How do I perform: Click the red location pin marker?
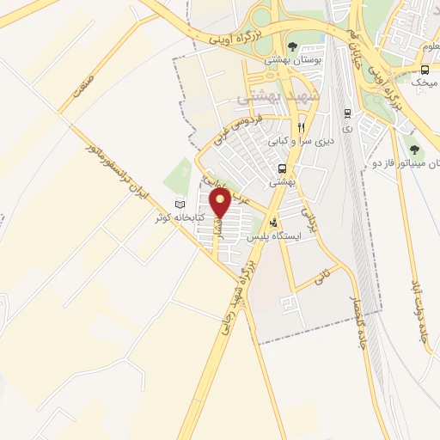pyautogui.click(x=221, y=203)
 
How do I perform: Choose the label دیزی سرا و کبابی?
pyautogui.click(x=298, y=140)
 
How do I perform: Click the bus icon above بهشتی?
pyautogui.click(x=283, y=168)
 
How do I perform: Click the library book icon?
pyautogui.click(x=180, y=205)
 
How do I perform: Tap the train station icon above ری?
pyautogui.click(x=346, y=112)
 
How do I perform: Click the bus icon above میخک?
pyautogui.click(x=426, y=69)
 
